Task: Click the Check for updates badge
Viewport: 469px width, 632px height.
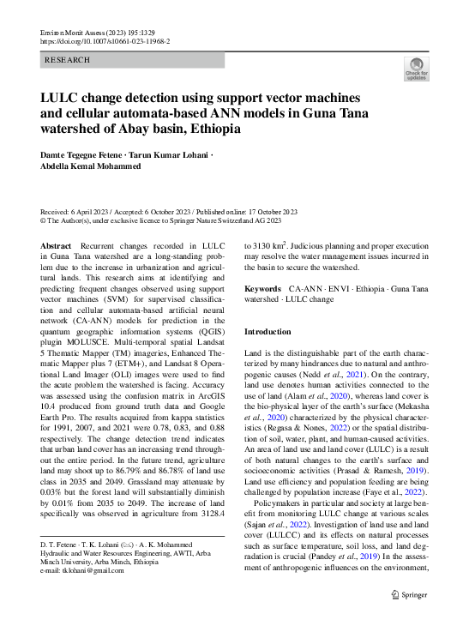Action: pyautogui.click(x=415, y=69)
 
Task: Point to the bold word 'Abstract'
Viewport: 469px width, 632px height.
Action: pyautogui.click(x=57, y=245)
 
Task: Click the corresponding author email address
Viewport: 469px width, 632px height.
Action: pyautogui.click(x=84, y=570)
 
